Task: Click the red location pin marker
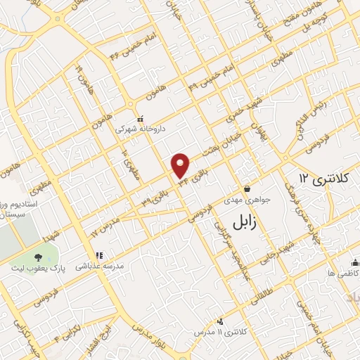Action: [x=181, y=165]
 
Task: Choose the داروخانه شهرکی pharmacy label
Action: [x=134, y=129]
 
